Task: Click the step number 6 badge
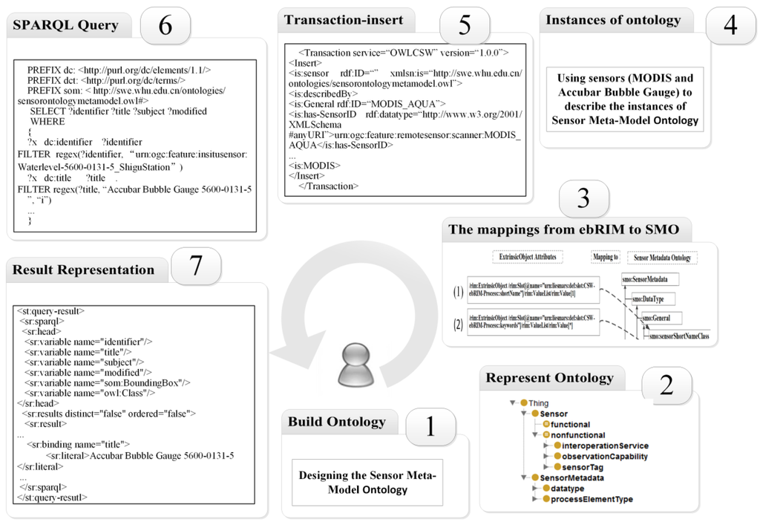pyautogui.click(x=165, y=25)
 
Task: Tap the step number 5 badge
pyautogui.click(x=464, y=25)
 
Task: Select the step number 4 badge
pyautogui.click(x=730, y=25)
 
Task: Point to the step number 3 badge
pyautogui.click(x=583, y=199)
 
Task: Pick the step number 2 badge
pyautogui.click(x=666, y=385)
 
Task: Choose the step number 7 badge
pyautogui.click(x=196, y=266)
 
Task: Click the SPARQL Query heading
pyautogui.click(x=66, y=25)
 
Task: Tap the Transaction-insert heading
pyautogui.click(x=344, y=21)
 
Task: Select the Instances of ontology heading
pyautogui.click(x=613, y=21)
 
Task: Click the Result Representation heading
pyautogui.click(x=84, y=270)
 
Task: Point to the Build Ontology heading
pyautogui.click(x=337, y=423)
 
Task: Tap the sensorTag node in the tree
pyautogui.click(x=583, y=467)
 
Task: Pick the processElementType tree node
pyautogui.click(x=592, y=499)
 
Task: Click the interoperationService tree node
pyautogui.click(x=605, y=446)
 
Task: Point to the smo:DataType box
pyautogui.click(x=648, y=299)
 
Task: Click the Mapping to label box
pyautogui.click(x=605, y=258)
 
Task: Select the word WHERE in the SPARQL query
pyautogui.click(x=47, y=122)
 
